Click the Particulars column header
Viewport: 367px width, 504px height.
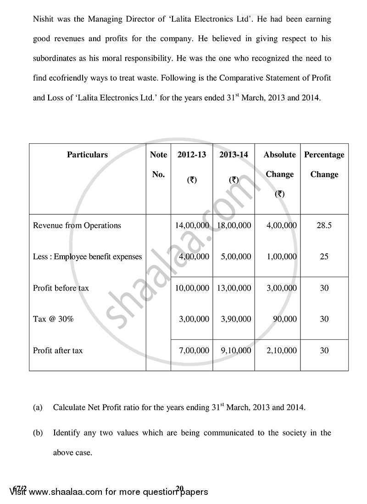point(87,155)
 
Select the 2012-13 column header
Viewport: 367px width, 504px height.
point(191,155)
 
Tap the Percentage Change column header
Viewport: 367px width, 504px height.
point(324,164)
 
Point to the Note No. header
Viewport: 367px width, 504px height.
point(158,164)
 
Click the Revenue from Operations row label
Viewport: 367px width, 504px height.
point(77,225)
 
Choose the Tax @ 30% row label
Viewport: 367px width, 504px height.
point(53,319)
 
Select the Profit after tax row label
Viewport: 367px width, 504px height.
point(58,350)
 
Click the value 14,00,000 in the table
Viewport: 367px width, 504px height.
point(192,225)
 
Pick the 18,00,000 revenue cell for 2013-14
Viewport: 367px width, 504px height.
point(234,225)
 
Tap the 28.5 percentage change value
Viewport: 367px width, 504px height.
point(324,225)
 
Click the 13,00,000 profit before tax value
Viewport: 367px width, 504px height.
point(234,288)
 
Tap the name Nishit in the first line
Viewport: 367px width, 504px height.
point(44,20)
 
